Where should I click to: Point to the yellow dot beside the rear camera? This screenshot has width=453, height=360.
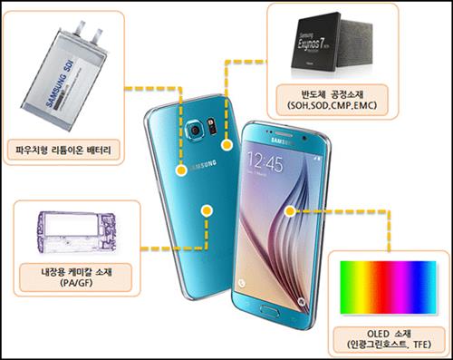[x=226, y=143]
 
